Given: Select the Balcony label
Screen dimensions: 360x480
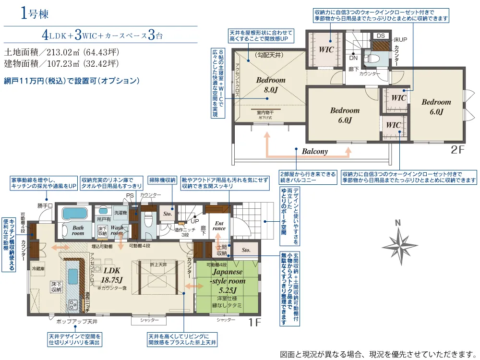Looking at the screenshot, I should (315, 151).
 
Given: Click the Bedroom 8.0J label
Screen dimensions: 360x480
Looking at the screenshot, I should (270, 84).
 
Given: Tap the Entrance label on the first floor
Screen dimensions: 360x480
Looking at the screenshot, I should (219, 226).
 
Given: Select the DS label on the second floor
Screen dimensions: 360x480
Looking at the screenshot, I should (380, 36).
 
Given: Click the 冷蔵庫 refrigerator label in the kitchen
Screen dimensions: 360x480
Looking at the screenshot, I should (39, 268).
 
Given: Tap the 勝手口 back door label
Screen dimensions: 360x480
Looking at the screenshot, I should (44, 205).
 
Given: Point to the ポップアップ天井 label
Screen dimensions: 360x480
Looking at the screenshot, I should (77, 321).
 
